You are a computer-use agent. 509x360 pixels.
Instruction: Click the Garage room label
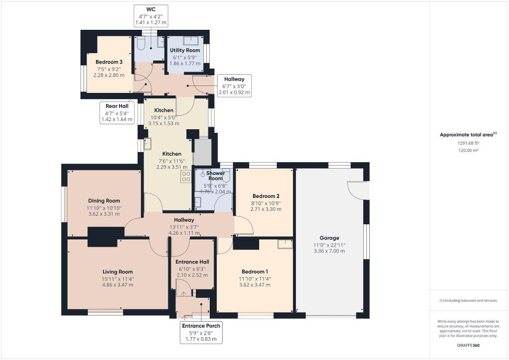click(329, 238)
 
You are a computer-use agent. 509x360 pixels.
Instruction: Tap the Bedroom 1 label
click(255, 271)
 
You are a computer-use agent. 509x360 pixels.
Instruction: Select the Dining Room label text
click(104, 200)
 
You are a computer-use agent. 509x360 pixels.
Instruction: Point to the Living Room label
click(117, 271)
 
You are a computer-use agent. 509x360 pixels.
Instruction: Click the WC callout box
click(151, 15)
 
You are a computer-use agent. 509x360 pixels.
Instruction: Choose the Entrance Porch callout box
click(201, 332)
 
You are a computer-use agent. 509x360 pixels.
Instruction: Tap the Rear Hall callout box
click(117, 113)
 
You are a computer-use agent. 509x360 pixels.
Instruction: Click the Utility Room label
click(185, 50)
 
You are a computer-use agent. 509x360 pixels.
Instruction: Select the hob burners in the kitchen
click(186, 177)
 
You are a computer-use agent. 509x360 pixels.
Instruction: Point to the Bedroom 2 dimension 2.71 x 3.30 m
click(266, 209)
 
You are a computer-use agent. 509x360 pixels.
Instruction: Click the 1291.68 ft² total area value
click(468, 143)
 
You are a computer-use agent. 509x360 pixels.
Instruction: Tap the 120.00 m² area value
click(468, 150)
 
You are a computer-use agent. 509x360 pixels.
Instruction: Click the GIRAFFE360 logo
click(468, 345)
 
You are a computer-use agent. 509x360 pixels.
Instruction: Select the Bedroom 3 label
click(109, 62)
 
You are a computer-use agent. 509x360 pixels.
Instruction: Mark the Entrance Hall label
click(192, 262)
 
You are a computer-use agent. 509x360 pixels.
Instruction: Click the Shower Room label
click(215, 176)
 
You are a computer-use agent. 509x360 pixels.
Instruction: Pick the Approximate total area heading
click(468, 134)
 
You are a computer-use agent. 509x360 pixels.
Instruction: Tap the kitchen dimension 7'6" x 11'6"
click(171, 161)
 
